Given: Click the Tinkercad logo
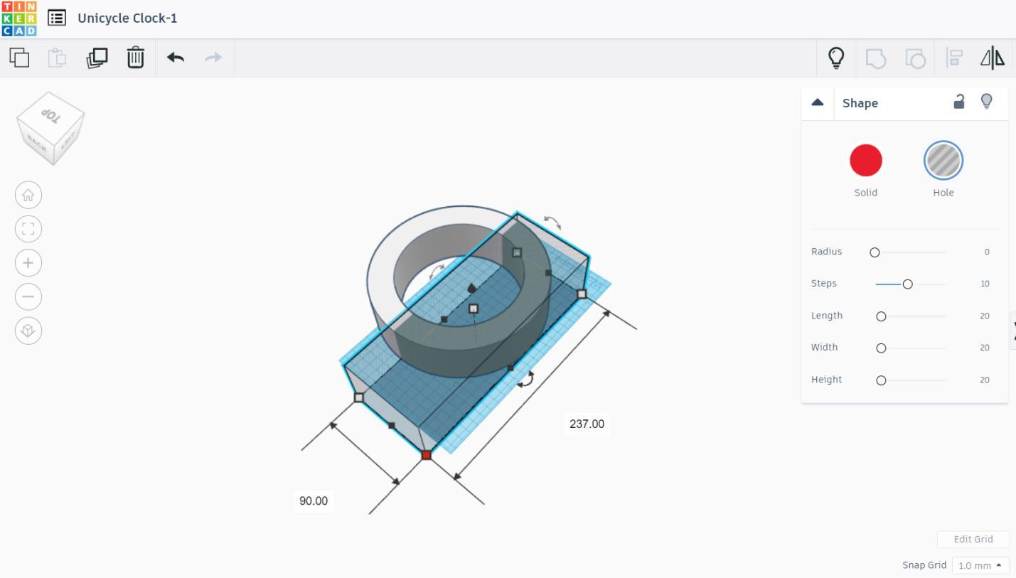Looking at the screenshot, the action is click(19, 18).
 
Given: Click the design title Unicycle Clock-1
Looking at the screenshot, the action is click(127, 18).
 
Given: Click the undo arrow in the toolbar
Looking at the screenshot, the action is click(176, 58).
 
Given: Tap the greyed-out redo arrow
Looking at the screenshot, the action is click(213, 58).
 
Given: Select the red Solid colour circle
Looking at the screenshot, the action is click(865, 160).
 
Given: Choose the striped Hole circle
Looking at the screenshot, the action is click(943, 160).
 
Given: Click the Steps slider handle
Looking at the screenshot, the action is click(907, 284).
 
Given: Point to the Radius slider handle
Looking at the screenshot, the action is click(875, 252).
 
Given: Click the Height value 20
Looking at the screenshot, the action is click(984, 380).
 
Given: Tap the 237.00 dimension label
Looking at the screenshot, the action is click(587, 424).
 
